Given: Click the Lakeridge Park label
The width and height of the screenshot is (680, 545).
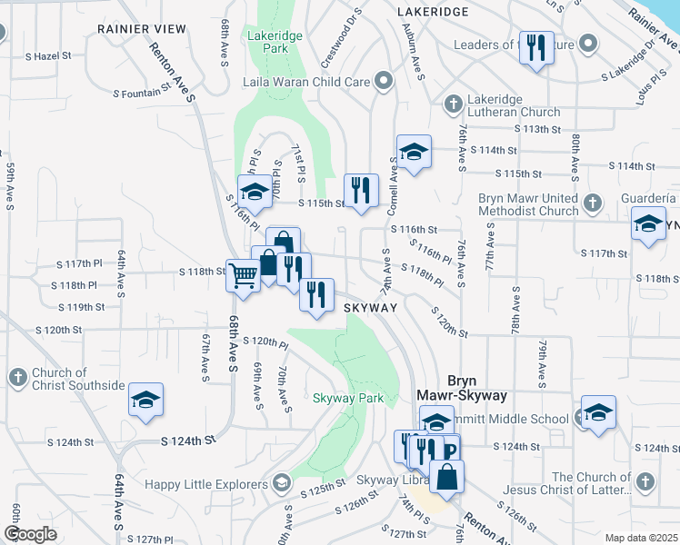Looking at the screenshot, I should click(x=268, y=44).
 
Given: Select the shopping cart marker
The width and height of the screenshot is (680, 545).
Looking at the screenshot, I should click(x=243, y=275).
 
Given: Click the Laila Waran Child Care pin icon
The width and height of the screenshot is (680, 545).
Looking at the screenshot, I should click(x=383, y=82).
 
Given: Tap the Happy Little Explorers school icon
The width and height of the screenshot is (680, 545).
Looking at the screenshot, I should click(x=281, y=481).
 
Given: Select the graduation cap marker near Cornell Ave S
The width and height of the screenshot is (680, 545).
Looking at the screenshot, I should click(x=414, y=152).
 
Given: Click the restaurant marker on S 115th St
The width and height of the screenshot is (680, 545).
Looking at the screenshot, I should click(x=362, y=191).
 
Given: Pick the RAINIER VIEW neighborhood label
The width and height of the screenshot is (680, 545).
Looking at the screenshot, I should click(x=141, y=29).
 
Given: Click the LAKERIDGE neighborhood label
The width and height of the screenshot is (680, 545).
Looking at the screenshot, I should click(x=433, y=12).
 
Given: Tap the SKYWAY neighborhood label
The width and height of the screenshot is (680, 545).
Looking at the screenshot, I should click(x=371, y=309).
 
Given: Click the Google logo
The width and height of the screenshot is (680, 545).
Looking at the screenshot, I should click(x=30, y=534).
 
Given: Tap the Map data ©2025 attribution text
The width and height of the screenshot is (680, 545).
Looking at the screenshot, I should click(x=641, y=538).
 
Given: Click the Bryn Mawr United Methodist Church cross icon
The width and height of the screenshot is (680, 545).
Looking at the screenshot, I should click(x=593, y=202).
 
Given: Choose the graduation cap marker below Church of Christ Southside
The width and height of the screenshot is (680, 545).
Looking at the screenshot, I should click(x=145, y=401).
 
